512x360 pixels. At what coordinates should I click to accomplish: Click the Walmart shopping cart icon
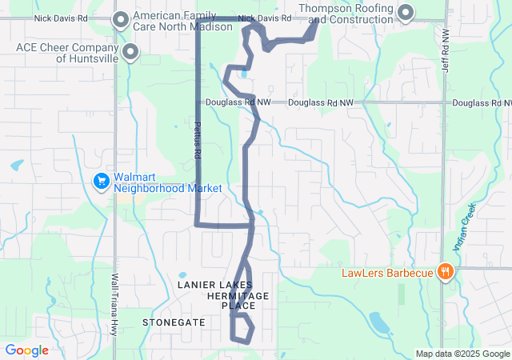pos(102,182)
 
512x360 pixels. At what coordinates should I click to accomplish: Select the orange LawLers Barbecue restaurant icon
pos(446,272)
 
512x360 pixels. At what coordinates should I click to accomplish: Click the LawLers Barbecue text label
pos(388,273)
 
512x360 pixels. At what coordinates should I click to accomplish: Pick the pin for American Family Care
pos(122,20)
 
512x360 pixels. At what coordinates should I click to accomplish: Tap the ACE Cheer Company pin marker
pos(130,53)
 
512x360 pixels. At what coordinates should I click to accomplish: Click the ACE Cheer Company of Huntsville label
pos(67,53)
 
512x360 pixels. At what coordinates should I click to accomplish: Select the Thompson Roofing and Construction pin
pos(406,13)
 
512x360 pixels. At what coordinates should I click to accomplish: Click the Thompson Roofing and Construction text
pos(346,13)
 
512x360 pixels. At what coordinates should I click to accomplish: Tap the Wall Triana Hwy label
pos(115,304)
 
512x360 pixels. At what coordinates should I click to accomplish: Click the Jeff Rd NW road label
pos(446,52)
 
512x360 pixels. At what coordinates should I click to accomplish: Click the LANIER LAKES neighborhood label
pos(214,285)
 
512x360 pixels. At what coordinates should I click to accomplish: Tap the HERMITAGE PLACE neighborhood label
pos(238,301)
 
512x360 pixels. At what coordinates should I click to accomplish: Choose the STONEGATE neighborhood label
pos(174,322)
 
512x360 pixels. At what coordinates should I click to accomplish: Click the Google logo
pos(26,350)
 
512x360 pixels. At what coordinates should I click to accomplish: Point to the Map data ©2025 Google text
pos(462,354)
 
